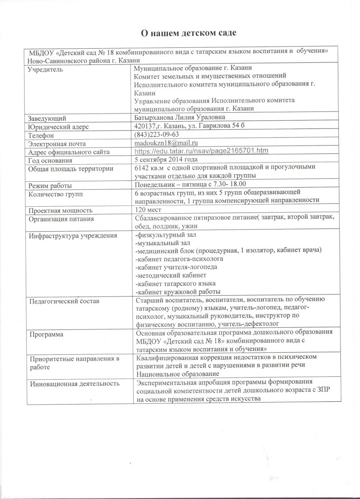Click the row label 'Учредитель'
[45, 69]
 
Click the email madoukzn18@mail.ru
[163, 143]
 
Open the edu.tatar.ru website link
[201, 152]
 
